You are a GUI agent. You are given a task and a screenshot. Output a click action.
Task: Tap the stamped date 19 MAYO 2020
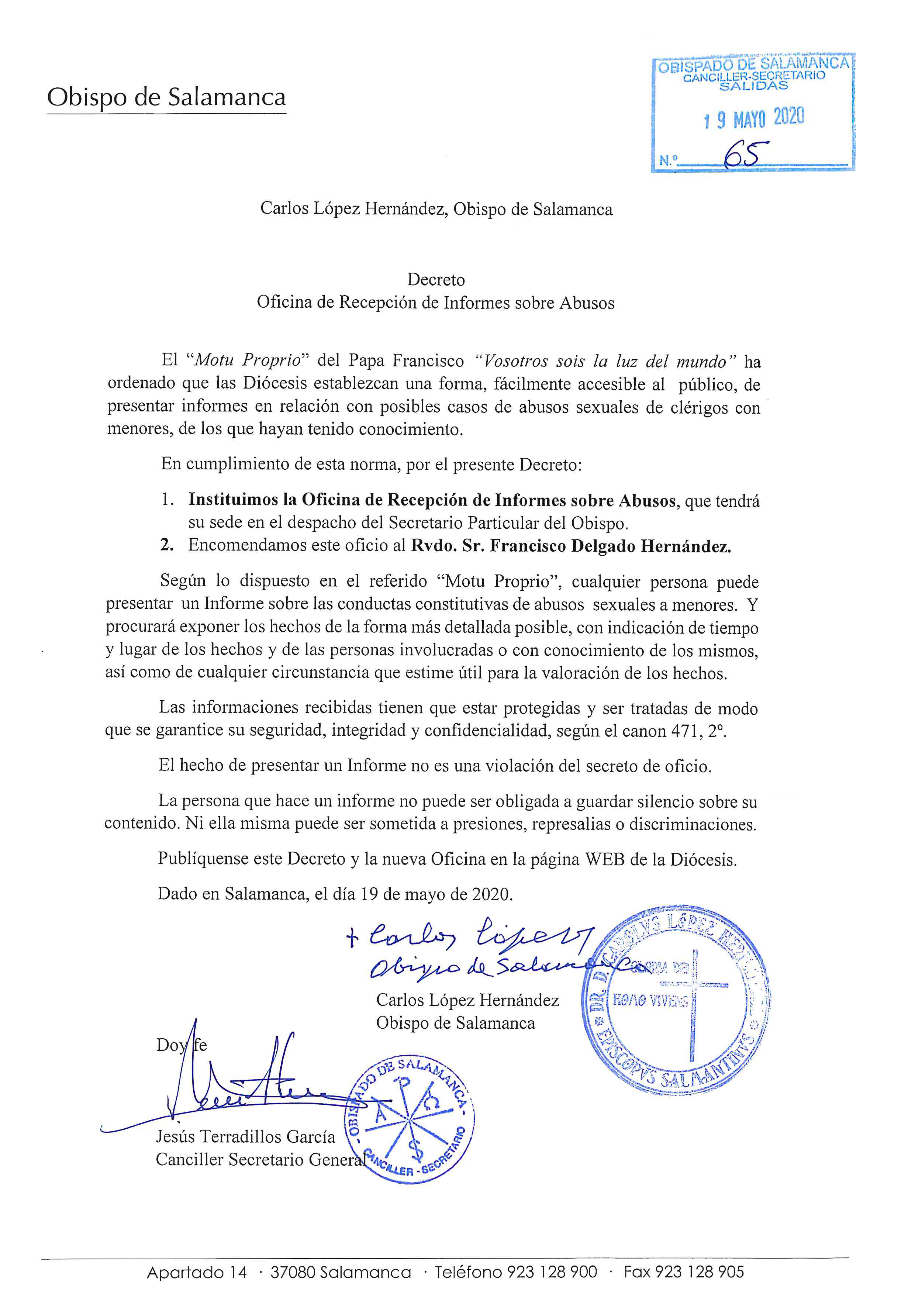click(754, 118)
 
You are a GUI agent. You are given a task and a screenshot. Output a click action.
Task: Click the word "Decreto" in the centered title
click(435, 280)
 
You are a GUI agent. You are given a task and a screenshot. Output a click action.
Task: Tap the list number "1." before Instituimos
click(168, 500)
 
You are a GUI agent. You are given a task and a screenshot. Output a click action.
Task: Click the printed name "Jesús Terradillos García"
click(245, 1137)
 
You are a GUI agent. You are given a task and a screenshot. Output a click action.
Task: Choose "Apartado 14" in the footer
click(197, 1271)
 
